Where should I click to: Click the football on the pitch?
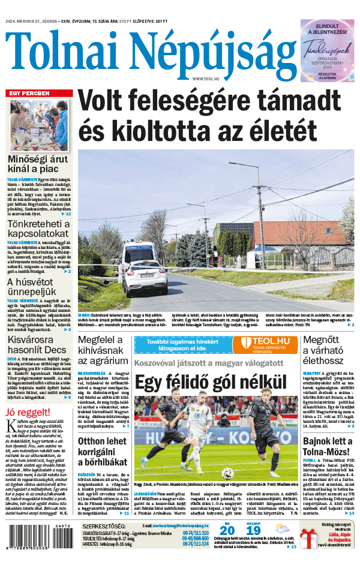[227, 473]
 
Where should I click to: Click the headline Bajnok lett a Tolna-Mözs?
[328, 447]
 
